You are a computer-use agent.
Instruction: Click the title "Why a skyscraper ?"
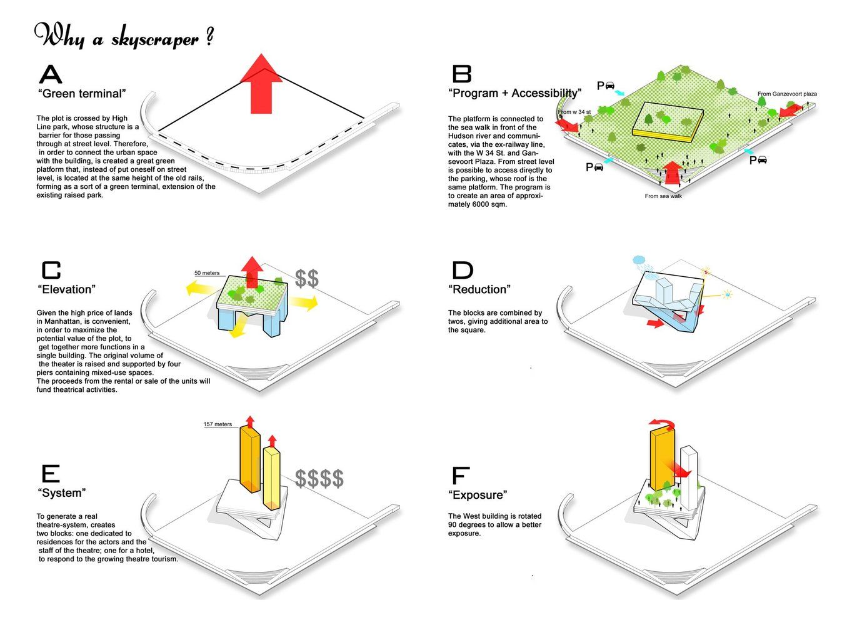pos(124,36)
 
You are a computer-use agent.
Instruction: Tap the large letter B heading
pos(461,74)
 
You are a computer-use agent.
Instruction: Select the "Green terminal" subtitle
pos(82,94)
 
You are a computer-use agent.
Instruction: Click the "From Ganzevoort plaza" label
pos(786,94)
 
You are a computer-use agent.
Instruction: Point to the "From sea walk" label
pos(663,196)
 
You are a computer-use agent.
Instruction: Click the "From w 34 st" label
pos(575,112)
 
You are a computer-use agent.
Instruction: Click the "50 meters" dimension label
pos(207,273)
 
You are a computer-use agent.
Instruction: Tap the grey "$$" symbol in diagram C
pos(307,278)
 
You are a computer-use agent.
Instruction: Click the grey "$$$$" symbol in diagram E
pos(319,478)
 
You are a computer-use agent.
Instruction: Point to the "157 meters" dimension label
pos(218,424)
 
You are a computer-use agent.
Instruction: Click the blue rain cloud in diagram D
pos(639,259)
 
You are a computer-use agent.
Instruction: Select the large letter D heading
pos(462,270)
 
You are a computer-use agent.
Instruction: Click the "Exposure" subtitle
pos(478,495)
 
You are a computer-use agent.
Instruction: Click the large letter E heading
pos(49,474)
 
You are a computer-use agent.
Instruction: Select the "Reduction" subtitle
pos(479,289)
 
